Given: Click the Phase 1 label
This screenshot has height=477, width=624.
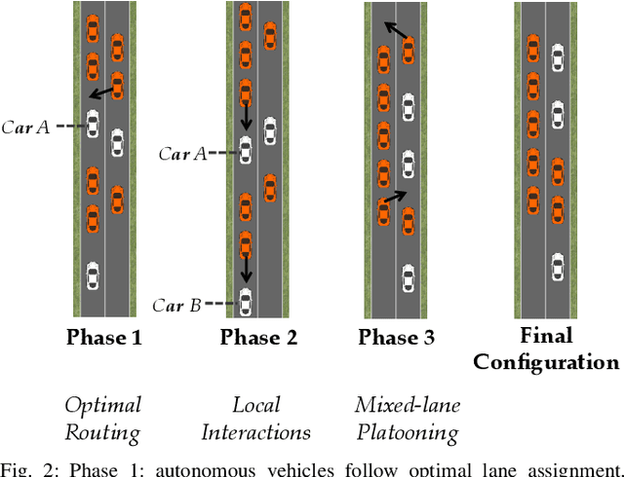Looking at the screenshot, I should coord(103,338).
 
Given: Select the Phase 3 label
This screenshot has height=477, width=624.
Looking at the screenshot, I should coord(396,338).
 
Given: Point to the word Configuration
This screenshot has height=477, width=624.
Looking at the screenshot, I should coord(545,362).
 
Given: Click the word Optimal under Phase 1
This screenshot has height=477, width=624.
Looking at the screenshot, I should coord(103,405).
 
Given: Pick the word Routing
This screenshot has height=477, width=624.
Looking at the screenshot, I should coord(103,431).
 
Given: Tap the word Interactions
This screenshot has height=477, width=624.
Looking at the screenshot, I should coord(257,431).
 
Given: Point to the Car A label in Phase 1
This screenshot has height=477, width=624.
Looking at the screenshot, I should coord(29,126).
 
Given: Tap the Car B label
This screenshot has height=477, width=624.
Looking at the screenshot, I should coord(176,305).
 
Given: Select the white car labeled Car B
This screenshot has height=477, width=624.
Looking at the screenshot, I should coord(245,303).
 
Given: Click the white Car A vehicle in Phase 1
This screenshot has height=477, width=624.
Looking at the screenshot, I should coord(93,125).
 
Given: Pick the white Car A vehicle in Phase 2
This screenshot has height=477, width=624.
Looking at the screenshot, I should coord(245,151).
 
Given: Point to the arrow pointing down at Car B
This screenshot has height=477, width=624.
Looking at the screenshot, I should coord(245,266).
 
